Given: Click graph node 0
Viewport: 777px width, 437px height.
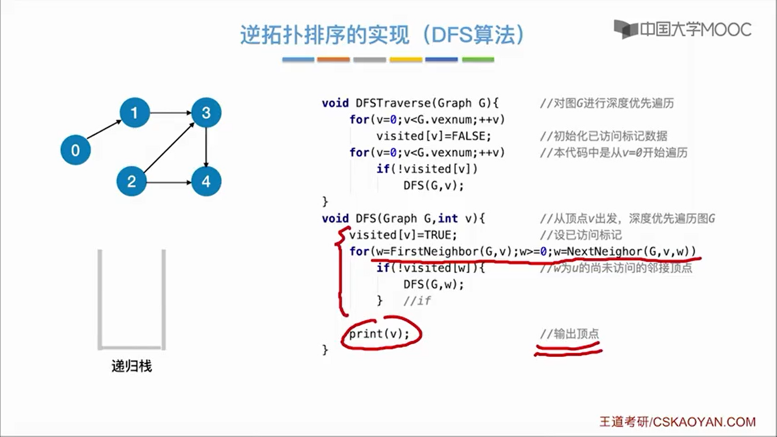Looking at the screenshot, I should pyautogui.click(x=75, y=150).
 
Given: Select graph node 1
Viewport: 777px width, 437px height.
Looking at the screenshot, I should pyautogui.click(x=134, y=112).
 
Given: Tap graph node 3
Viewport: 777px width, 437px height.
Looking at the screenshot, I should pyautogui.click(x=206, y=112).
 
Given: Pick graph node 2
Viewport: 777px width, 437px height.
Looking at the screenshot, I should pyautogui.click(x=131, y=181).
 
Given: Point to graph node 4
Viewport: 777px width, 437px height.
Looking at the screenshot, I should pyautogui.click(x=206, y=181).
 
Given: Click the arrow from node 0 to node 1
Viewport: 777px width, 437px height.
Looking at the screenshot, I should pyautogui.click(x=104, y=129).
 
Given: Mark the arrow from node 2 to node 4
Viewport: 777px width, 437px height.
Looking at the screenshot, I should pyautogui.click(x=168, y=182).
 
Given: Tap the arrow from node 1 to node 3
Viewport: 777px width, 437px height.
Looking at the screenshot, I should pyautogui.click(x=170, y=112).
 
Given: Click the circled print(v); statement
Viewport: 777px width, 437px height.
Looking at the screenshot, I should pyautogui.click(x=379, y=334).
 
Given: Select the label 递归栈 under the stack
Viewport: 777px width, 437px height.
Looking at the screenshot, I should pyautogui.click(x=132, y=366).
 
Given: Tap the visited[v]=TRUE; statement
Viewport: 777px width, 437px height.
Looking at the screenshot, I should pyautogui.click(x=403, y=235).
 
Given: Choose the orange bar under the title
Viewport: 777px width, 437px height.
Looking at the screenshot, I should pyautogui.click(x=333, y=59).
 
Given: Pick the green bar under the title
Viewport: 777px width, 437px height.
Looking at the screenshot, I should pyautogui.click(x=478, y=59).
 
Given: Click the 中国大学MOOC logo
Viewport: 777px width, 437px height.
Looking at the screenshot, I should pyautogui.click(x=683, y=30).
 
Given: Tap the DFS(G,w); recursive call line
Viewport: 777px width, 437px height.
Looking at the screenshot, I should pyautogui.click(x=433, y=284).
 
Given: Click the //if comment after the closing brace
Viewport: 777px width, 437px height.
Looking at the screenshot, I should pyautogui.click(x=417, y=301).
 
